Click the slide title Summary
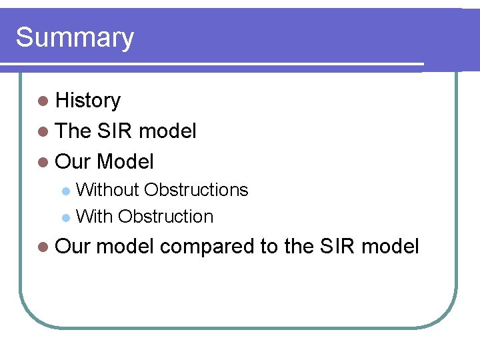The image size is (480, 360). click(x=75, y=38)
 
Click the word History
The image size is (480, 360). click(x=88, y=101)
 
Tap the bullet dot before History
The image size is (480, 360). click(x=43, y=101)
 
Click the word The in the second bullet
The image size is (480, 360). click(x=73, y=131)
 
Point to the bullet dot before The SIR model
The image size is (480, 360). click(x=43, y=132)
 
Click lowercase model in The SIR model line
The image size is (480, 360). click(x=167, y=131)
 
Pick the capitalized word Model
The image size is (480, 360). click(x=125, y=161)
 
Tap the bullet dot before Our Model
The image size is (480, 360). click(x=43, y=162)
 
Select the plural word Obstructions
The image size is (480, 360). click(x=196, y=190)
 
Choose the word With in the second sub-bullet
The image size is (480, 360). click(x=94, y=217)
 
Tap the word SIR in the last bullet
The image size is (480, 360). click(x=337, y=247)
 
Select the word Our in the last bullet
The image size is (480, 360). click(x=73, y=247)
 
